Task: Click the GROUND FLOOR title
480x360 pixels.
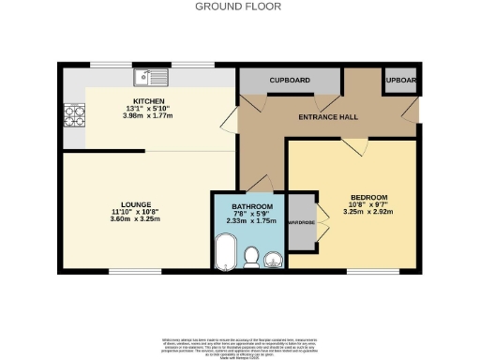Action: coord(239,7)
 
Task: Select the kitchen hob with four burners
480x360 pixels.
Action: coord(73,115)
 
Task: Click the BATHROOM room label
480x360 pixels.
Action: coord(252,206)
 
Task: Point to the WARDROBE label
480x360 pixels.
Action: coord(300,223)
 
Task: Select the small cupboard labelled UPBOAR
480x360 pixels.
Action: coord(400,82)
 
